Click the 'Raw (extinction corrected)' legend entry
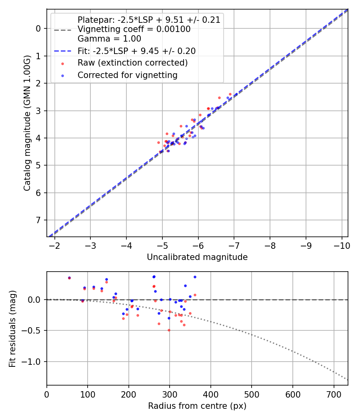tap(132, 63)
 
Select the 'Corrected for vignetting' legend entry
tap(127, 75)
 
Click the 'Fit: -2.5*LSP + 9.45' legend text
tap(136, 51)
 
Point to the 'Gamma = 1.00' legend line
tap(109, 39)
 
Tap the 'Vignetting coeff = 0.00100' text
tap(134, 29)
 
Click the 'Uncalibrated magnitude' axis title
tap(197, 257)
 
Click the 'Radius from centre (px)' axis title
tap(197, 406)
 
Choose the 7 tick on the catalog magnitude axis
tap(38, 220)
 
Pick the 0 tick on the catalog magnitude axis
tap(38, 28)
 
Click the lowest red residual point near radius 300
tap(169, 330)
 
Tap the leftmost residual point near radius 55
tap(69, 278)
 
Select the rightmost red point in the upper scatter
tap(230, 94)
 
